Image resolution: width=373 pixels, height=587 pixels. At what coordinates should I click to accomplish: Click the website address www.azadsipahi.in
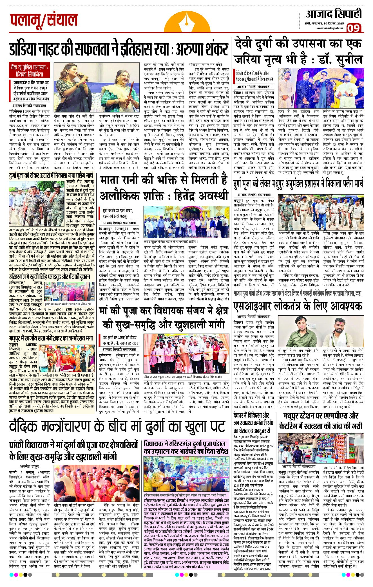coord(329,28)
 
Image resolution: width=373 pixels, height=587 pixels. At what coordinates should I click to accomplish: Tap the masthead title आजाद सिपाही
coord(334,14)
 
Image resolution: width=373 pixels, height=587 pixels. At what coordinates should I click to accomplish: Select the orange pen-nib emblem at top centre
coord(187,23)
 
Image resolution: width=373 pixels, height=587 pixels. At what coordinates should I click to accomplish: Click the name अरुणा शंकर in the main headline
coord(202,50)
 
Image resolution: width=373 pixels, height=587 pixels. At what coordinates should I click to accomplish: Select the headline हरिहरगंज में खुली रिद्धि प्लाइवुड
coord(50,277)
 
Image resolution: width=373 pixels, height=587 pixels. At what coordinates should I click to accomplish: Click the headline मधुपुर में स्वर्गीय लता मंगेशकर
coord(51,338)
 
